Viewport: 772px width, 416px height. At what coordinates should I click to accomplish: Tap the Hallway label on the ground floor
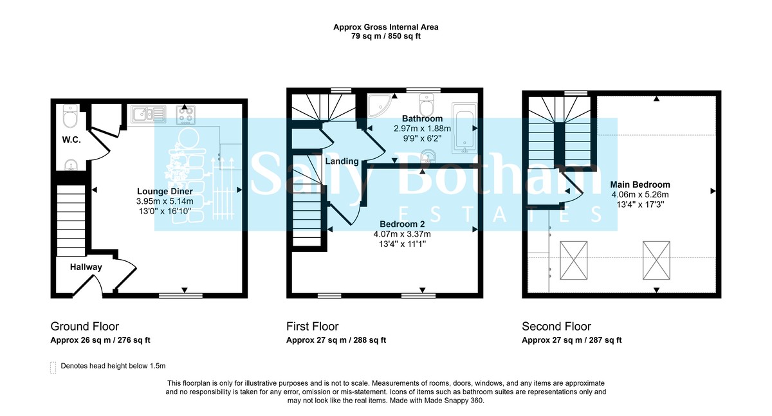pos(86,267)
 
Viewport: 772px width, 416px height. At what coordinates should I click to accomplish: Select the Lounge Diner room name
pos(165,191)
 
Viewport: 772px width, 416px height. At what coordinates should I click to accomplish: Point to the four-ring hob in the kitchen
pos(185,115)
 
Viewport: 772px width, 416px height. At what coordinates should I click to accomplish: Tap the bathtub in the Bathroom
pos(463,128)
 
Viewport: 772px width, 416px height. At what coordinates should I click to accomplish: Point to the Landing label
pos(342,161)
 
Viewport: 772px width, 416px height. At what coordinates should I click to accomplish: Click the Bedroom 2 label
pos(401,224)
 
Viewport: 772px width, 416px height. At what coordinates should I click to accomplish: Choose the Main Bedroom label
pos(640,185)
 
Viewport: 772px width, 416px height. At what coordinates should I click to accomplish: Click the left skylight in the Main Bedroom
pos(574,261)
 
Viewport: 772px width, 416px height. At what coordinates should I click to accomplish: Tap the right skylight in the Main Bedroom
pos(657,261)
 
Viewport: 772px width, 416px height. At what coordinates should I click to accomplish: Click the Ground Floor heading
pos(85,327)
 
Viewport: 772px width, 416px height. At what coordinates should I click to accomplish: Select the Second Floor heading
pos(556,327)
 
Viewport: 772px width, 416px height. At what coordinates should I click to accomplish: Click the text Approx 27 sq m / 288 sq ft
pos(336,341)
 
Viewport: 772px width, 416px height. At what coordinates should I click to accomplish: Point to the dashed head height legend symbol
pos(53,367)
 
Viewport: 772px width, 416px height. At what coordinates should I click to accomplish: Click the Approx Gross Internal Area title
pos(385,27)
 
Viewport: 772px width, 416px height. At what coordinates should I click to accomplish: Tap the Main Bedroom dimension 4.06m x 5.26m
pos(640,195)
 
